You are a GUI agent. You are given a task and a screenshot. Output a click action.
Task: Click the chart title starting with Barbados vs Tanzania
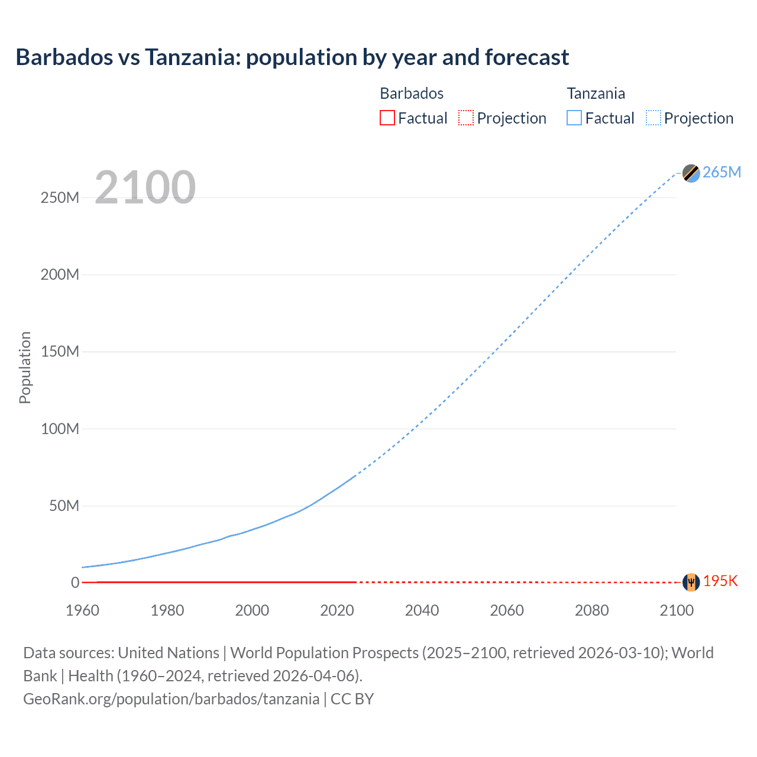(x=292, y=57)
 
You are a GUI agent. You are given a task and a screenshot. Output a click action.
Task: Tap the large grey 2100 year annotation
(x=145, y=187)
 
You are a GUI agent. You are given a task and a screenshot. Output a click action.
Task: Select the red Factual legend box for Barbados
(x=387, y=118)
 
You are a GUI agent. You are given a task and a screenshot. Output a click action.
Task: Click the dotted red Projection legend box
(x=466, y=118)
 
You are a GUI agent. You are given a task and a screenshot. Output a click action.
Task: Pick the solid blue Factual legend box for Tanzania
(x=574, y=118)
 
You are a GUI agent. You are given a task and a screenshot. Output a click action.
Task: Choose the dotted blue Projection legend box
(x=654, y=118)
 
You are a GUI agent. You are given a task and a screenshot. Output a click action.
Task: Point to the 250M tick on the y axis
(x=60, y=198)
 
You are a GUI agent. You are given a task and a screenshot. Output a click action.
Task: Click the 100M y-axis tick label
(x=60, y=429)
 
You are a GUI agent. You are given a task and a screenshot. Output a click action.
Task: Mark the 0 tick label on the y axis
(x=75, y=583)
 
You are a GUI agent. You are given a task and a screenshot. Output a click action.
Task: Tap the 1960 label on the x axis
(x=82, y=610)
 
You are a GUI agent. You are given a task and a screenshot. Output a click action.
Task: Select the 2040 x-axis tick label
(x=422, y=610)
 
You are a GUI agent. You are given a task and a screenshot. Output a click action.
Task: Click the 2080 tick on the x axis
(x=591, y=610)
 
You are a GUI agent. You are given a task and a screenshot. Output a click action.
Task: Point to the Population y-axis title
(x=25, y=367)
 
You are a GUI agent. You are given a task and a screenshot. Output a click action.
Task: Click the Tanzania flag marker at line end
(x=691, y=173)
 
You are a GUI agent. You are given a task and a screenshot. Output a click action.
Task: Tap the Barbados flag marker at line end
(x=691, y=582)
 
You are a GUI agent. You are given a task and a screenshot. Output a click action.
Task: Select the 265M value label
(x=722, y=172)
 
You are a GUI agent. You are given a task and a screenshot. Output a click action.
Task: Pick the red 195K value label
(x=720, y=581)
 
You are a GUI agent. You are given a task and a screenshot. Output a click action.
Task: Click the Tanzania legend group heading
(x=596, y=93)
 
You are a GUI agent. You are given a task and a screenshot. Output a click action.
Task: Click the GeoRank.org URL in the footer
(x=171, y=699)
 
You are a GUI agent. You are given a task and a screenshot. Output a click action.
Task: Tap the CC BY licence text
(x=352, y=699)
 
